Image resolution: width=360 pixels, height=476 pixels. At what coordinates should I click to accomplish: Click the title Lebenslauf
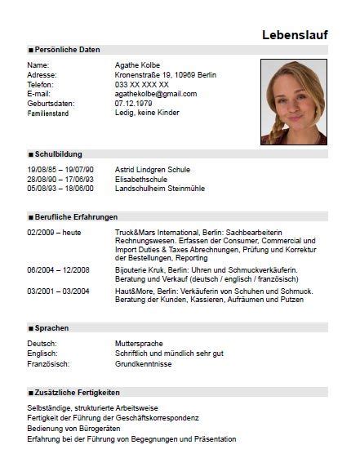[x=295, y=34]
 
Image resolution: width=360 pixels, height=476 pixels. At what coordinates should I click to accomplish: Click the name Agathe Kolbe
[x=140, y=65]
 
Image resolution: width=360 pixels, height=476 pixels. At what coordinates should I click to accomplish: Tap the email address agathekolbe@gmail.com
[x=156, y=94]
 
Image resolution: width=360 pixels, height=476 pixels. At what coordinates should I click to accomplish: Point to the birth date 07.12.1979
[x=135, y=104]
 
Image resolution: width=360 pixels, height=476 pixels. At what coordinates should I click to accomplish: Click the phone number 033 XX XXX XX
[x=142, y=84]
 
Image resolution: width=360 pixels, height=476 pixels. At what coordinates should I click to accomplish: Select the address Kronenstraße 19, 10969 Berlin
[x=166, y=74]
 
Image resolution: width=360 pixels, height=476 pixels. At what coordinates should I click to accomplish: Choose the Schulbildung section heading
[x=57, y=153]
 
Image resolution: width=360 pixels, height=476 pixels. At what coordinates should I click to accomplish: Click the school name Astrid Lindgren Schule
[x=153, y=169]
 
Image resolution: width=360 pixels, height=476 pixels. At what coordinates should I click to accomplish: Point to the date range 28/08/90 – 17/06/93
[x=60, y=179]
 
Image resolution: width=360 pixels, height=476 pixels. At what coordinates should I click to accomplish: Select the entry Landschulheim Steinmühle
[x=161, y=189]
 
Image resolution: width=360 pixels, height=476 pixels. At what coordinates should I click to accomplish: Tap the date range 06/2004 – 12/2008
[x=58, y=269]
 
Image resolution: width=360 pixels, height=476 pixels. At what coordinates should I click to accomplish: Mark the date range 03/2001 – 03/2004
[x=58, y=291]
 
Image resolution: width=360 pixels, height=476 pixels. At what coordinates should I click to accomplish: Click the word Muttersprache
[x=140, y=344]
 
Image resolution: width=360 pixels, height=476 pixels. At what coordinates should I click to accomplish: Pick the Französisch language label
[x=47, y=363]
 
